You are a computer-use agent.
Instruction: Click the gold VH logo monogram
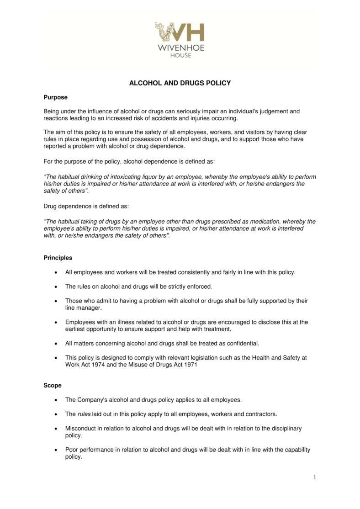click(x=180, y=32)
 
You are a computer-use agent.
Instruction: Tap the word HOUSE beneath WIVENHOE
click(x=180, y=55)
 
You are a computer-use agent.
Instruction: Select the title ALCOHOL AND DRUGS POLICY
click(x=180, y=83)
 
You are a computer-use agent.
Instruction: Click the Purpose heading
click(x=55, y=97)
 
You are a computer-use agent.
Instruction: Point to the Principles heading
click(x=58, y=258)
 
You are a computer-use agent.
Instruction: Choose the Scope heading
click(x=52, y=385)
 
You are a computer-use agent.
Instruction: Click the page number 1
click(x=314, y=477)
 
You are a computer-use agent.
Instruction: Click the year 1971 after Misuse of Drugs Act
click(x=190, y=365)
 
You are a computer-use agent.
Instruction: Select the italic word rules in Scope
click(x=84, y=414)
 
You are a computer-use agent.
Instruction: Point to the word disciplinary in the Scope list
click(x=286, y=429)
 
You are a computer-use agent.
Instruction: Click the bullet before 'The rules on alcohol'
click(x=55, y=287)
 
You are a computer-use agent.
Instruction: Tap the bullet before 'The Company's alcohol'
click(x=55, y=400)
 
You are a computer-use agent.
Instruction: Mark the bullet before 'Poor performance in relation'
click(x=55, y=450)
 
